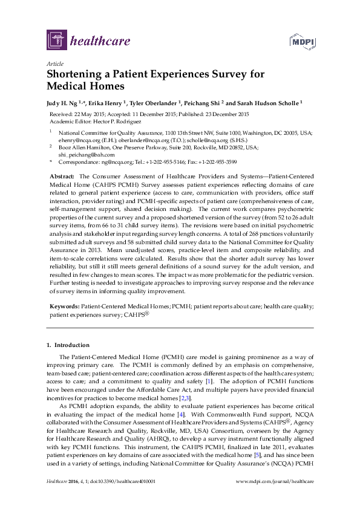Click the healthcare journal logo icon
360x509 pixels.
click(x=56, y=41)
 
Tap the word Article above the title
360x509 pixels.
click(x=54, y=63)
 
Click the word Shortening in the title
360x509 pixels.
click(x=76, y=74)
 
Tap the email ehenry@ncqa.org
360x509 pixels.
click(x=80, y=138)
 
